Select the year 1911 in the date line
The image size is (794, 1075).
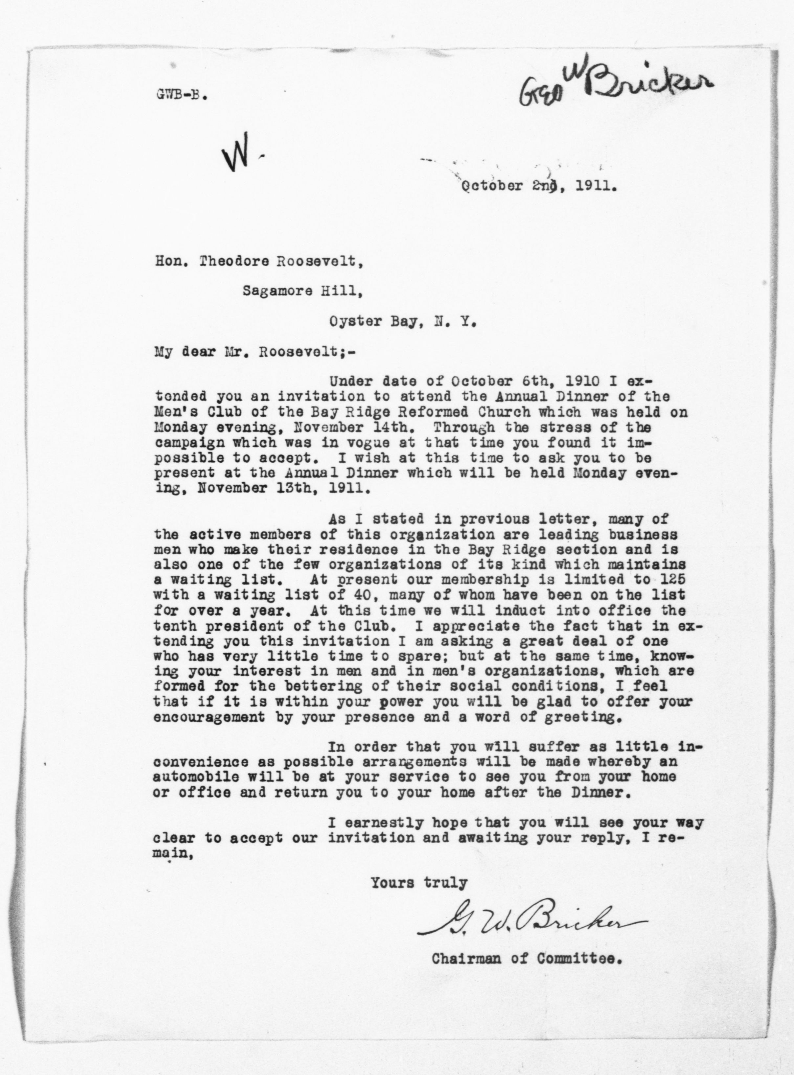tap(594, 186)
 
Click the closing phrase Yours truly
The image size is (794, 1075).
tap(418, 883)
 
